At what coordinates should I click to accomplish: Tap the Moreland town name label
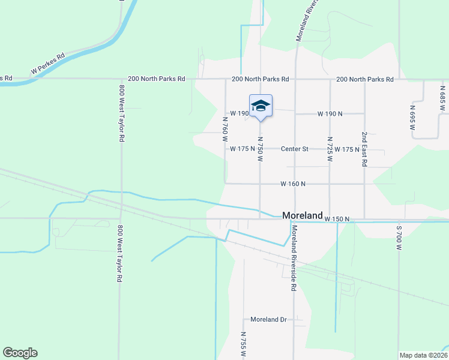point(303,215)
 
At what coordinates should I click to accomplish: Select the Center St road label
point(296,149)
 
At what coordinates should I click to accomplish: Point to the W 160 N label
point(293,184)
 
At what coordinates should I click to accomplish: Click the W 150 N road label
point(337,220)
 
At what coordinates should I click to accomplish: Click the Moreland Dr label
point(268,320)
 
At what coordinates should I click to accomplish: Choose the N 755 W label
point(243,344)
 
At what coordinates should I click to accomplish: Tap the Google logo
point(20,353)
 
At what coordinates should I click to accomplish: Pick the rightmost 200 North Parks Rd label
point(364,79)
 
